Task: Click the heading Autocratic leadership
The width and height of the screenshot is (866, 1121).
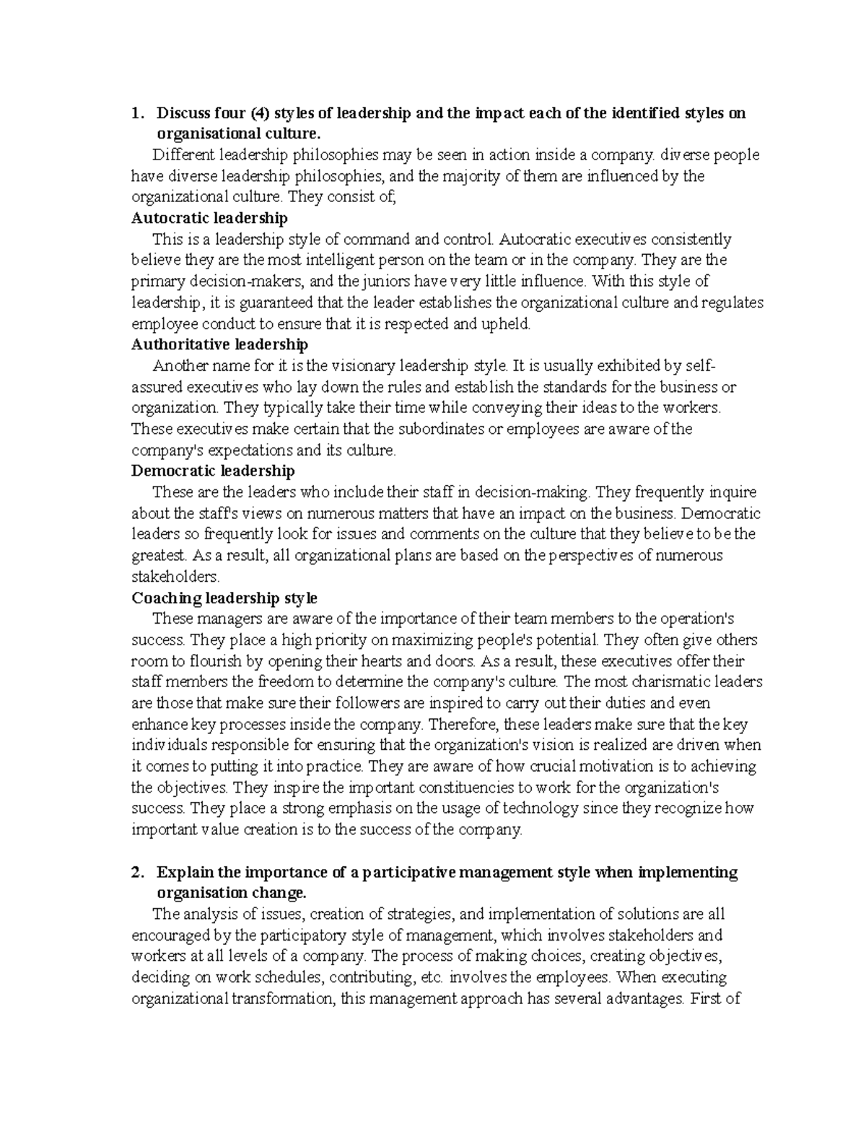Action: point(209,218)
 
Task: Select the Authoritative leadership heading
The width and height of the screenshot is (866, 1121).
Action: point(219,344)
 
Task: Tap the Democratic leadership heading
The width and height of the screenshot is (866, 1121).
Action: point(213,471)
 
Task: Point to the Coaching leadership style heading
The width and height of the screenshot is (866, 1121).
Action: point(224,598)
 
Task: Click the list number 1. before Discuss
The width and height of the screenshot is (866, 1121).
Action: point(136,113)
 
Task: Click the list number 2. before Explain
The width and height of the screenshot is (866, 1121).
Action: point(136,872)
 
